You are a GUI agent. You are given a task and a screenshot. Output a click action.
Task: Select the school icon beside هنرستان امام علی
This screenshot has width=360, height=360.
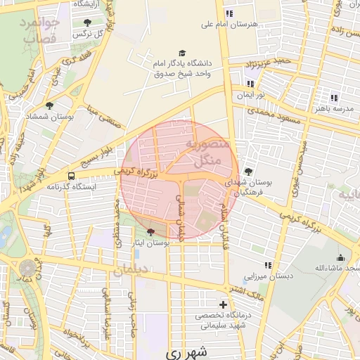pos(229,13)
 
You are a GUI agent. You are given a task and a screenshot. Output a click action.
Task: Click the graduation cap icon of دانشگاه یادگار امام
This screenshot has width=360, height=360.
pos(183,53)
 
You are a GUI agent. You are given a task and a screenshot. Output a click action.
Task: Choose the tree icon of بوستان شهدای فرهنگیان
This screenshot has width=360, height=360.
pos(248,171)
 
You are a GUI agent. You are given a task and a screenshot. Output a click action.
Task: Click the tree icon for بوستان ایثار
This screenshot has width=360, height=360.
pos(150,231)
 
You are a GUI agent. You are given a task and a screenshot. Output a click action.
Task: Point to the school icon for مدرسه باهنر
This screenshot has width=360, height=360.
pos(333,98)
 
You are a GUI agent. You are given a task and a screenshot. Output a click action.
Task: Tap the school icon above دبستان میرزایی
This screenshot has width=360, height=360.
pos(267,265)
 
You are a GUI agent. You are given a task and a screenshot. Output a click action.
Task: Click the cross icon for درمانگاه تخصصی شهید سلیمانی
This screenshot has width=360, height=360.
pos(223,304)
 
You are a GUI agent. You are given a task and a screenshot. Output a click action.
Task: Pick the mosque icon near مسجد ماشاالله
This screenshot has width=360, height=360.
pos(340,257)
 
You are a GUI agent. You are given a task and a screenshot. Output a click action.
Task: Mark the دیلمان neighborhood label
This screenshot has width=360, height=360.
pos(131,269)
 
